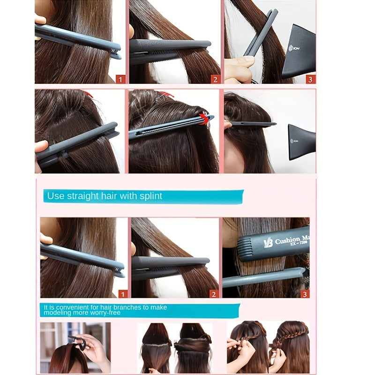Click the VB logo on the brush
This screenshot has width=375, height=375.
pos(268,242)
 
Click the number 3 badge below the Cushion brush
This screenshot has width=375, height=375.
pos(305,294)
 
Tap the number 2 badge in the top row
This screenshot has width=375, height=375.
pos(215,79)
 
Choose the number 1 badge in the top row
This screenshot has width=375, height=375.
pos(120,79)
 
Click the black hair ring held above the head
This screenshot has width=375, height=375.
pos(81,345)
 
